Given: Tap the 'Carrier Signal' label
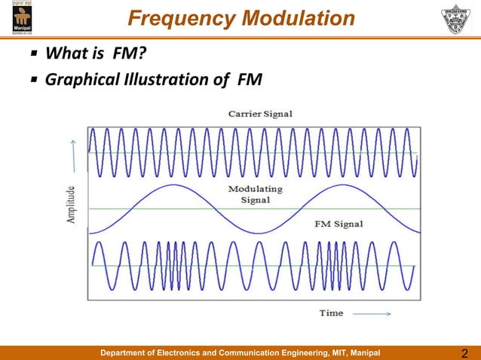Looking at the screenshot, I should coord(260,114).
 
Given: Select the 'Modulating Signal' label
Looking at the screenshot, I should coord(256,194).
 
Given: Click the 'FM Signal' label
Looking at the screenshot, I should coord(337,224).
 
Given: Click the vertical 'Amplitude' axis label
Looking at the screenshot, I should coord(71,208).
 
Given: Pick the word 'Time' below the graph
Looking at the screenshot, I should coord(331,312).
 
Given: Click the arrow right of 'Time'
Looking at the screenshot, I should coord(371,313).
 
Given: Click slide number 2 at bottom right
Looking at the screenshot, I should coord(464,353).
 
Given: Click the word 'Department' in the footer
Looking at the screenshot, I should coord(127,352).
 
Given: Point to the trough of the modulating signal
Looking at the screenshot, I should coord(257,233).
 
